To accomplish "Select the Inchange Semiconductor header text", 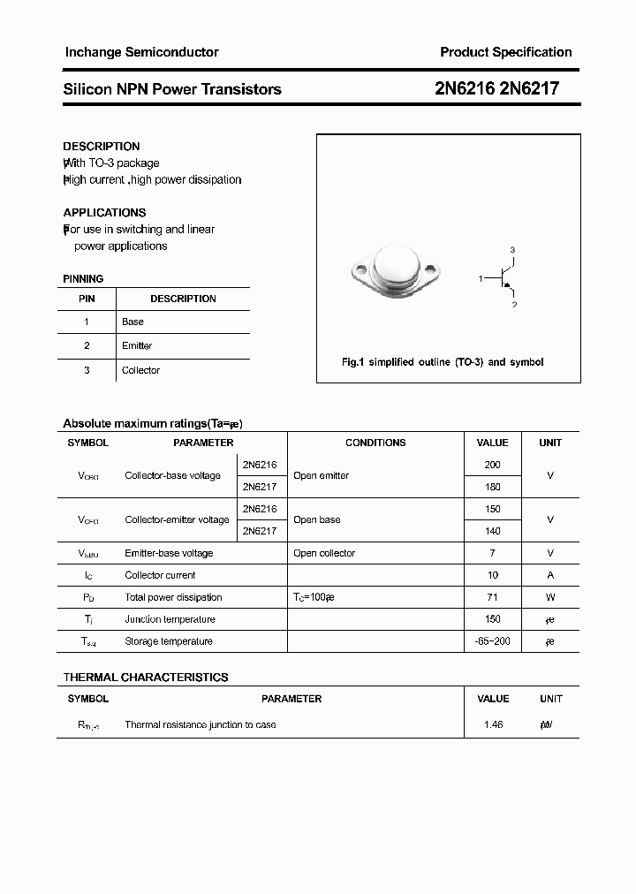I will (x=141, y=52).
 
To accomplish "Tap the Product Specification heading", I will (x=505, y=52).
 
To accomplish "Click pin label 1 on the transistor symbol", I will (x=481, y=279).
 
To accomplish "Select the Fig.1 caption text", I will (x=443, y=362).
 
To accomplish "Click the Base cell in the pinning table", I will (x=132, y=322).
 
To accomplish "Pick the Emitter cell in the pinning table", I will (x=137, y=345).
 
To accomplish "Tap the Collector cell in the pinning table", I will (x=140, y=370).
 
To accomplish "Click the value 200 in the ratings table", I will (x=492, y=465).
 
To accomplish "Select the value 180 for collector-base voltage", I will (x=492, y=487).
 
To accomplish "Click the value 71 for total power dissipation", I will (x=492, y=597).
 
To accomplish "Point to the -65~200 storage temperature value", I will (x=492, y=641).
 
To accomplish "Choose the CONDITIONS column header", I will (x=375, y=443).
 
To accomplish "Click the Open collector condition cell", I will (x=324, y=553).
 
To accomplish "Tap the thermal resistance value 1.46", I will (x=492, y=724).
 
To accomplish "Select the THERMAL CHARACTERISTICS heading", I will (x=146, y=678).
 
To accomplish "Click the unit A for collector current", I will (x=550, y=575).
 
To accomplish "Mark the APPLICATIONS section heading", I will (x=104, y=213).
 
